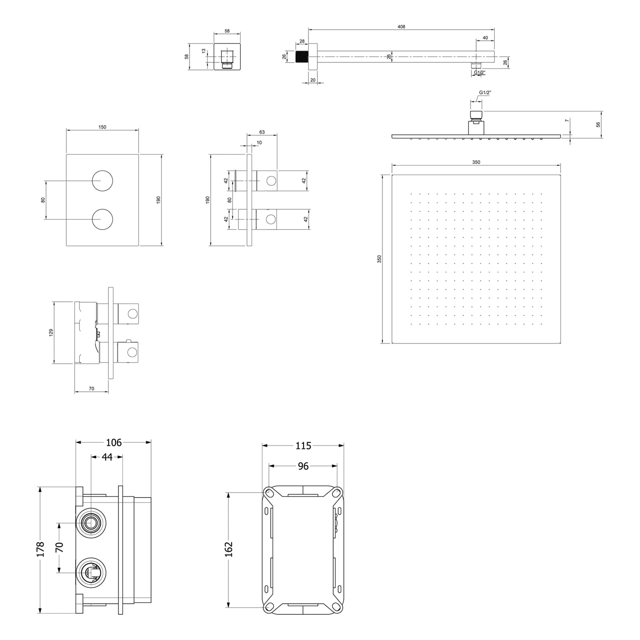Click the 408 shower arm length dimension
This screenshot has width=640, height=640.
coord(401,26)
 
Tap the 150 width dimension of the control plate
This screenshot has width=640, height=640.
coord(102,127)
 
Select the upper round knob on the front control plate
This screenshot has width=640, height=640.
coord(102,180)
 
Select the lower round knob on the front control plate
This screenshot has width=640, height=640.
coord(102,220)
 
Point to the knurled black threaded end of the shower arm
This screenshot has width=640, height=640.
coord(302,57)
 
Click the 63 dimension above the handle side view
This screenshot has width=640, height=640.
coord(262,132)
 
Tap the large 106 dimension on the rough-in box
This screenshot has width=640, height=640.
coord(113,442)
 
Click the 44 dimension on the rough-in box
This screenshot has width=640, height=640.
coord(107,457)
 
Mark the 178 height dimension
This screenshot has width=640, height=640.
coord(41,550)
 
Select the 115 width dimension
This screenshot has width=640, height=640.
coord(303,446)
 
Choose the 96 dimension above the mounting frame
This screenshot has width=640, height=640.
coord(303,466)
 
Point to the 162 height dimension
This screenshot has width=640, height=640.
coord(229,549)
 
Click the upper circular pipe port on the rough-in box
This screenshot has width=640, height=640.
coord(90,523)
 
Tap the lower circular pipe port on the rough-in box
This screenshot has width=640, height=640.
coord(90,572)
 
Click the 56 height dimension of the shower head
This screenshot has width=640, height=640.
coord(598,125)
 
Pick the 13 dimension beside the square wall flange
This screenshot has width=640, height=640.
coord(204,51)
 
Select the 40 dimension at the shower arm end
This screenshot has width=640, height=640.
coord(485,38)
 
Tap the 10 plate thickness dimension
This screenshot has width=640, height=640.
coord(259,143)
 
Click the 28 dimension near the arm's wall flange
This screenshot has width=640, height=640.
coord(302,41)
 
